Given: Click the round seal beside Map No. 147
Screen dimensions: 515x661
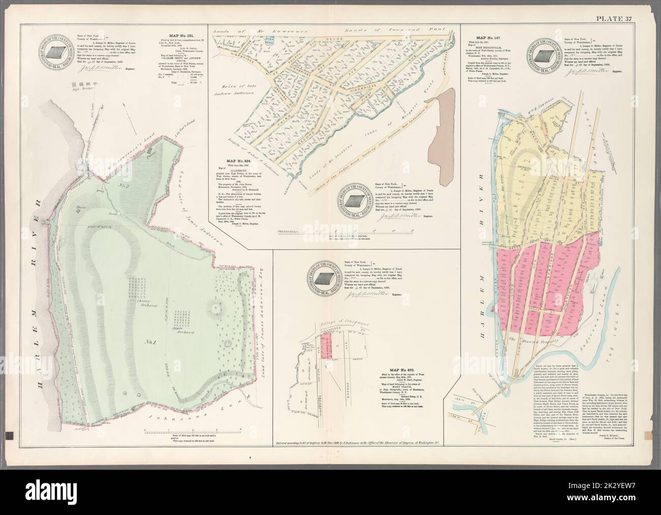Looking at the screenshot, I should click(x=546, y=54).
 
